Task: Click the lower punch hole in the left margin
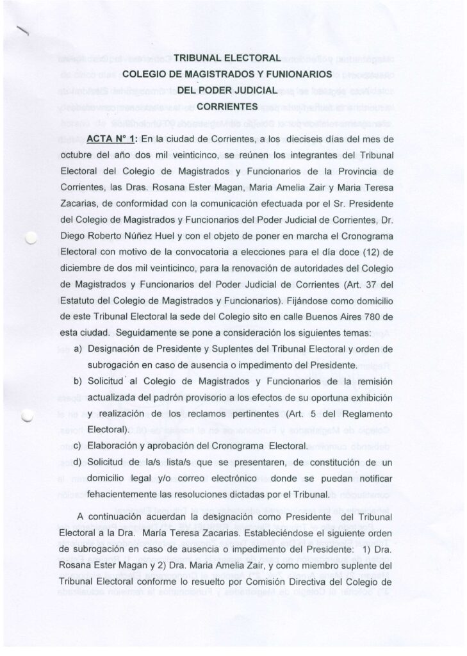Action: click(26, 415)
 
